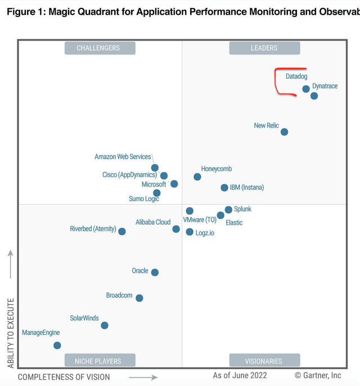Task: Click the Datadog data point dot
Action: [x=306, y=89]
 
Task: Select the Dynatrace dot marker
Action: [x=314, y=96]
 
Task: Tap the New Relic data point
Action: [x=285, y=132]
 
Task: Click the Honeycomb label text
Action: [x=216, y=169]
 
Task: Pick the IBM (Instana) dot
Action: [x=224, y=188]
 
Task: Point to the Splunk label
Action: [x=242, y=209]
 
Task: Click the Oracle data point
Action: [x=155, y=273]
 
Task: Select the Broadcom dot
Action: [x=139, y=298]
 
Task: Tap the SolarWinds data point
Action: [x=105, y=325]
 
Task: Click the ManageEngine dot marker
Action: [x=57, y=346]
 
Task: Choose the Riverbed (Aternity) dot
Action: [x=122, y=231]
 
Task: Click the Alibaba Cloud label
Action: [x=153, y=222]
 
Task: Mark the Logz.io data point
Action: [x=190, y=232]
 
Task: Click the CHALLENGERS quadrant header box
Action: [x=99, y=48]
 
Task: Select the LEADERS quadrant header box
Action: [x=264, y=48]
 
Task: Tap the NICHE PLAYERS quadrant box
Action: [x=99, y=361]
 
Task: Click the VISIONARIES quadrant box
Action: [x=264, y=361]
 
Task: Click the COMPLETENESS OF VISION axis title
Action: [x=64, y=377]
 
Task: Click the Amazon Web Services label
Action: [x=123, y=157]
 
